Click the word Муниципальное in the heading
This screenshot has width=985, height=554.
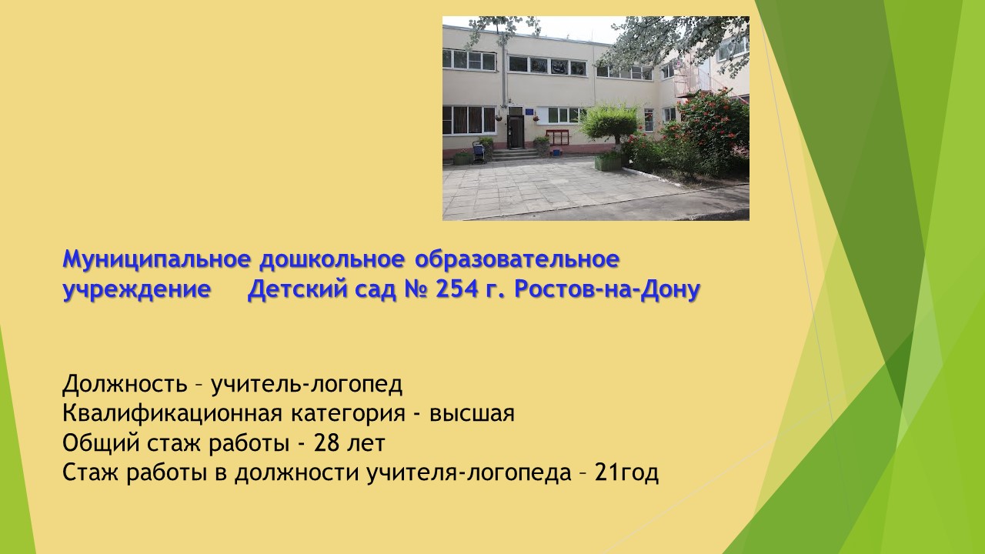156,259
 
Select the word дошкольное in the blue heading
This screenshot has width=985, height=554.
332,259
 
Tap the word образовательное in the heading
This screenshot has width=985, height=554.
517,259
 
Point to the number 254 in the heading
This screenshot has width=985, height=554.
457,289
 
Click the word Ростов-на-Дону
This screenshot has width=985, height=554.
607,290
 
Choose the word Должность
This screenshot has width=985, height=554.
125,384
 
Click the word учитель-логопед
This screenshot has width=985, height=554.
307,384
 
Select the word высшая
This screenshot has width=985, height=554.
472,414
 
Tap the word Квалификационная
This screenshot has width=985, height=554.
172,414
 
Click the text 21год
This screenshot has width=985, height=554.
626,473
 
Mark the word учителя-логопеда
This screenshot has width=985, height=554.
469,473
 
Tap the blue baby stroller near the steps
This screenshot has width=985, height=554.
479,152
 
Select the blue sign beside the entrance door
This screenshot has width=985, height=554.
529,112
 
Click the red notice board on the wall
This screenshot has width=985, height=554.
558,137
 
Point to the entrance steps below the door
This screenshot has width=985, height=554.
516,154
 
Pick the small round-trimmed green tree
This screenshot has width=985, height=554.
609,124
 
